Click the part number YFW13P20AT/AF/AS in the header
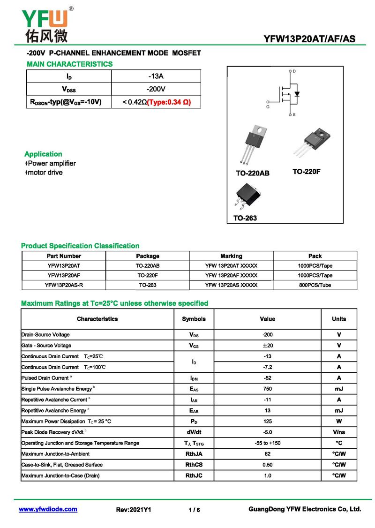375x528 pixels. (309, 39)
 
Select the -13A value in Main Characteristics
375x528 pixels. (156, 76)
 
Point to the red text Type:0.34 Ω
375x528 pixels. (169, 102)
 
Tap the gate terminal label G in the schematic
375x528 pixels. (268, 106)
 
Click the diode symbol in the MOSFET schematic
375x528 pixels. (297, 94)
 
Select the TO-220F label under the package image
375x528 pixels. (307, 172)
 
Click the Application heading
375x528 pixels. (43, 154)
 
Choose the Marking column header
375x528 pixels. (231, 256)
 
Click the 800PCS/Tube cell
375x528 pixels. (315, 285)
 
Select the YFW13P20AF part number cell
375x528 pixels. (64, 275)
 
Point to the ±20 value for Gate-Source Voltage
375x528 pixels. (268, 346)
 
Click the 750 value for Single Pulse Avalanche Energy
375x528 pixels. (268, 389)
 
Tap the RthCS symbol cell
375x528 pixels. (194, 465)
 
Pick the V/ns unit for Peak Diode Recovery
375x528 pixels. (339, 432)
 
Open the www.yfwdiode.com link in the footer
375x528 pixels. (48, 509)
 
